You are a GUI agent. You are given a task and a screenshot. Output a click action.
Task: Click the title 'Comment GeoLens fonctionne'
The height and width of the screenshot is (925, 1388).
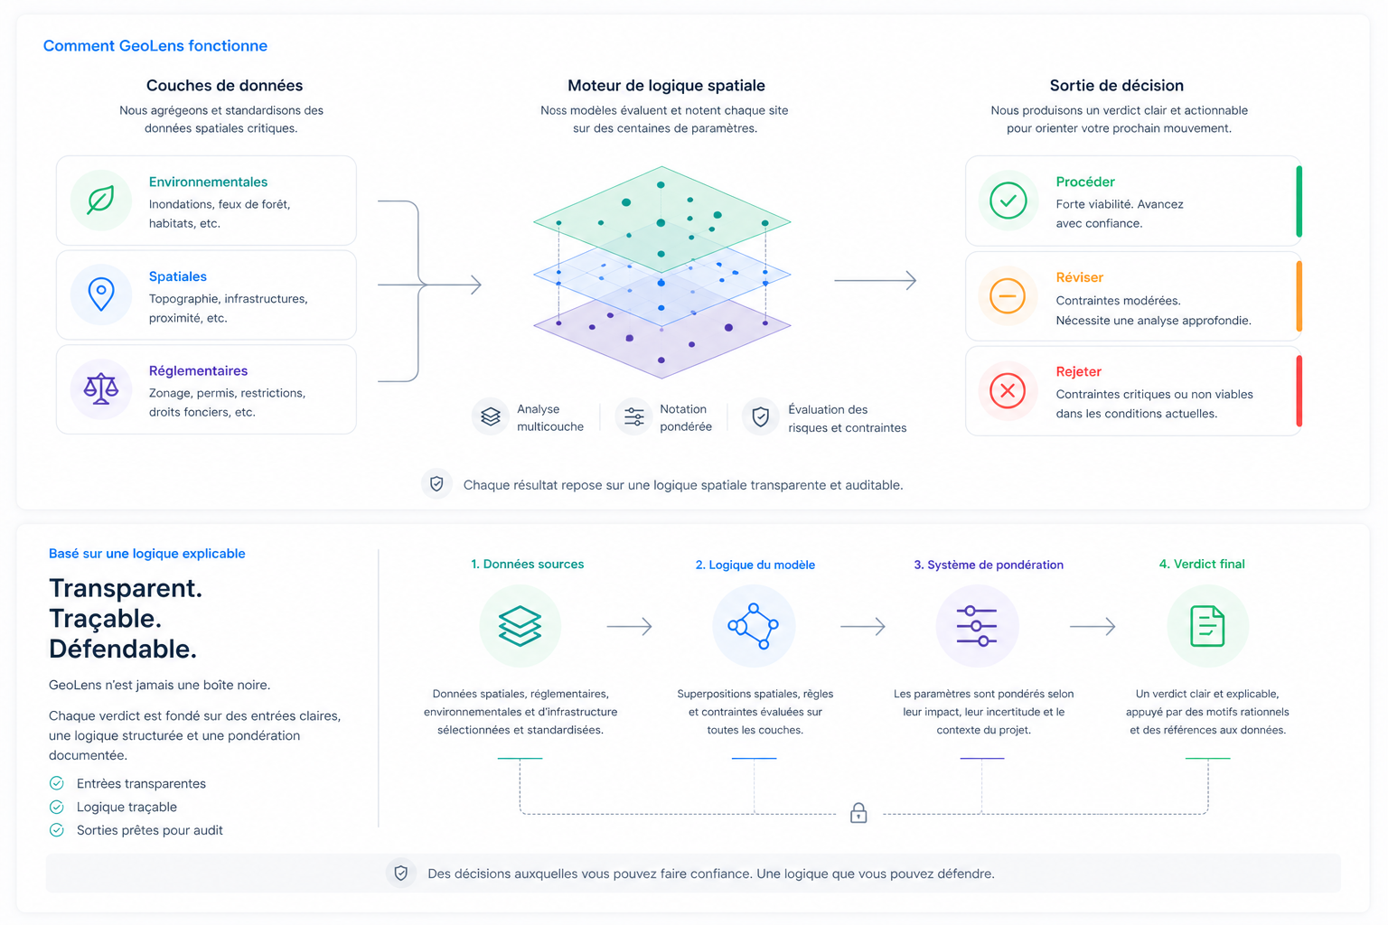pyautogui.click(x=155, y=46)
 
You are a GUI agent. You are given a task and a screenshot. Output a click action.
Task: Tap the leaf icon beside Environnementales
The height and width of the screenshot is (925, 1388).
pyautogui.click(x=100, y=201)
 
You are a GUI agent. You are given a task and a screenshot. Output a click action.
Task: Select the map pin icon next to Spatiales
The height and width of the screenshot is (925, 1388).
pyautogui.click(x=101, y=294)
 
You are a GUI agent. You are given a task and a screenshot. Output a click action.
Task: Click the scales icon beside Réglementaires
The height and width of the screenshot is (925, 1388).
pyautogui.click(x=101, y=389)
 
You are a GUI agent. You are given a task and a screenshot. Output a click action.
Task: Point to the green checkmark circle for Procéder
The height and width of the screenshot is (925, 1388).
pyautogui.click(x=1008, y=201)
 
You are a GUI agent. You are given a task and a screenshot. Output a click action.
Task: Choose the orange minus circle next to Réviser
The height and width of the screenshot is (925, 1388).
pyautogui.click(x=1008, y=295)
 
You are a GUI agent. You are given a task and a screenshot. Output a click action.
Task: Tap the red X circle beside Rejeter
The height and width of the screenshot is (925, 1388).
pyautogui.click(x=1008, y=390)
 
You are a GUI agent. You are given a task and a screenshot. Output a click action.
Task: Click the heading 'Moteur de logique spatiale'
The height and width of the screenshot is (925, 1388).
pyautogui.click(x=666, y=86)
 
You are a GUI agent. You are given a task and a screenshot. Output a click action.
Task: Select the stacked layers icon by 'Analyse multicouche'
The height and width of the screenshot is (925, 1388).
pyautogui.click(x=490, y=416)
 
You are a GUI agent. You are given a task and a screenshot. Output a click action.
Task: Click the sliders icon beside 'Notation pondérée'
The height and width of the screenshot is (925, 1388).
pyautogui.click(x=633, y=416)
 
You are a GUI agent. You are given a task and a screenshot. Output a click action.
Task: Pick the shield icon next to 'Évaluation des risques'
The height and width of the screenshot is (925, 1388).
pyautogui.click(x=760, y=417)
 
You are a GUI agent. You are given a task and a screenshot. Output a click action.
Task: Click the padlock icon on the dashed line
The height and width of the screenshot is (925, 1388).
pyautogui.click(x=858, y=812)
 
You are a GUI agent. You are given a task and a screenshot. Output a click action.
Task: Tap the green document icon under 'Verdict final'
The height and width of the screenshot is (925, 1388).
pyautogui.click(x=1207, y=626)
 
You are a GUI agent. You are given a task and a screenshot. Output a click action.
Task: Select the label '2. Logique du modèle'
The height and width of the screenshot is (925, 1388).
pyautogui.click(x=755, y=565)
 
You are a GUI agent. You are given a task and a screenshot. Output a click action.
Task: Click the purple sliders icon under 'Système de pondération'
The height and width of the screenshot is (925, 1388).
pyautogui.click(x=977, y=626)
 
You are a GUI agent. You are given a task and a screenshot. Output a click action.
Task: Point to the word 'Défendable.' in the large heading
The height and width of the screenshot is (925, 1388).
pyautogui.click(x=123, y=649)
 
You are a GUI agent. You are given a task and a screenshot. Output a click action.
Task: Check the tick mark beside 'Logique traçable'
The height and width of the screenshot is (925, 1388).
pyautogui.click(x=56, y=807)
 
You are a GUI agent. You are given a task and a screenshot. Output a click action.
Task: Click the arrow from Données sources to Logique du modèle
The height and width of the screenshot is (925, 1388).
pyautogui.click(x=629, y=626)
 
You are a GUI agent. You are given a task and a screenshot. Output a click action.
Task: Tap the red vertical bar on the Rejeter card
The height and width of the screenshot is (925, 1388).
pyautogui.click(x=1299, y=391)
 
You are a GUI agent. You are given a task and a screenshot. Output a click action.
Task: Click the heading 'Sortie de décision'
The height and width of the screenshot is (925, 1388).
pyautogui.click(x=1117, y=86)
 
